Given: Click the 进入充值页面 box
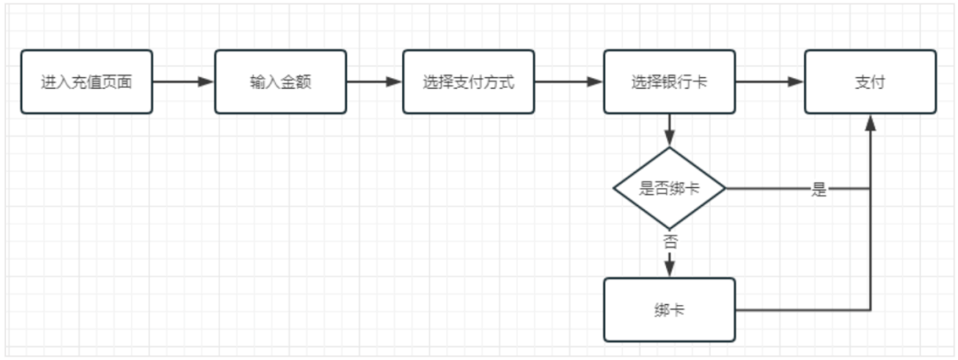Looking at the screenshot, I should pyautogui.click(x=86, y=82).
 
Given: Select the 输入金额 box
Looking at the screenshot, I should pyautogui.click(x=279, y=82).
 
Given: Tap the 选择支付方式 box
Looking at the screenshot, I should pyautogui.click(x=468, y=82).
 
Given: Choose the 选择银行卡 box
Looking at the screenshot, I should pyautogui.click(x=670, y=82).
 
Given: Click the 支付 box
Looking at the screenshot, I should pyautogui.click(x=870, y=82).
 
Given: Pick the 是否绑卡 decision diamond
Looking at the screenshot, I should pyautogui.click(x=670, y=189).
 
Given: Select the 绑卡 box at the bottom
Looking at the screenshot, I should pyautogui.click(x=670, y=310).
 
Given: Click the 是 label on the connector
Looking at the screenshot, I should pyautogui.click(x=819, y=190).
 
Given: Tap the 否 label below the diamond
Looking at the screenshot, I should pyautogui.click(x=670, y=240).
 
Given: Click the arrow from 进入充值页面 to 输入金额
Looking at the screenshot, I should pyautogui.click(x=183, y=82).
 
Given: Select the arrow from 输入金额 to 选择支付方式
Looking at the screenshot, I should pyautogui.click(x=373, y=82).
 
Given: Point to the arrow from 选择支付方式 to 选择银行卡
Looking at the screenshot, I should pyautogui.click(x=569, y=82).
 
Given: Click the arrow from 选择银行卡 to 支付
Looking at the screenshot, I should pyautogui.click(x=769, y=82).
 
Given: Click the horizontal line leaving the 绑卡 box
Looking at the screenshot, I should pyautogui.click(x=798, y=310).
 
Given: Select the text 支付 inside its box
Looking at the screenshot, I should pyautogui.click(x=870, y=82).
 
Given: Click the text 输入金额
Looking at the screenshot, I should pyautogui.click(x=279, y=82).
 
